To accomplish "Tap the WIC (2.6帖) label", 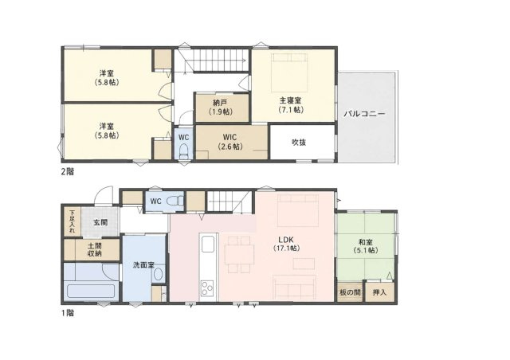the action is pos(230,142).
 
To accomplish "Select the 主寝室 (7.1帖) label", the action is pos(291,104).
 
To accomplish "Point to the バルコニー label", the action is pos(364,114).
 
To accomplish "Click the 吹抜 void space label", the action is pos(299,143).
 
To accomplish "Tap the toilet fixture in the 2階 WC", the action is pos(184,151).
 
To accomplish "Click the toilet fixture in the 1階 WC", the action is pos(175,201).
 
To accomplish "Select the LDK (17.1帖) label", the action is pos(286,244).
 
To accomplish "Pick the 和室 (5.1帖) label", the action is pos(366,246).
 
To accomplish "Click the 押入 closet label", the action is pos(379,292).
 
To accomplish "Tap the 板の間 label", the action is pos(350,292).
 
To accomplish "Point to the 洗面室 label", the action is pos(143,264).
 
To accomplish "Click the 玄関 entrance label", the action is pos(100,223).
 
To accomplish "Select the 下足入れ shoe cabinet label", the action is pos(72,221).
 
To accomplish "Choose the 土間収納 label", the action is pos(94,249).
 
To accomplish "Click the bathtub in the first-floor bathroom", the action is pos(91,291).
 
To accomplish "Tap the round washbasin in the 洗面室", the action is pos(159,274).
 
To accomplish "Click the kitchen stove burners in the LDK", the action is pos(207,288).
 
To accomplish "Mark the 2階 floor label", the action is pos(67,171).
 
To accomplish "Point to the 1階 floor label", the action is pos(67,313).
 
